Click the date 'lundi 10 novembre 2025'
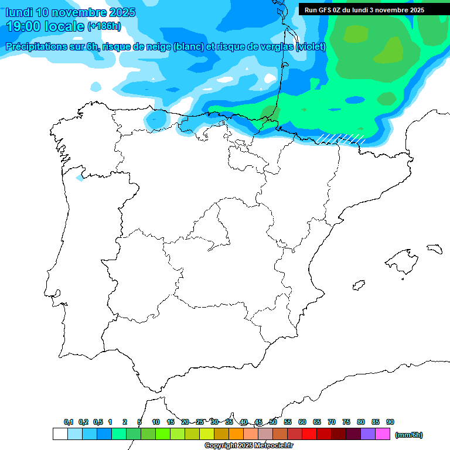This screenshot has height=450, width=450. (x=70, y=12)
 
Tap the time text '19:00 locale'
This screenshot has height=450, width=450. (x=45, y=26)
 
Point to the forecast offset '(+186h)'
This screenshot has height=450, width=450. (x=104, y=26)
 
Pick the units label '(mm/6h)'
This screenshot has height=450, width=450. (x=408, y=435)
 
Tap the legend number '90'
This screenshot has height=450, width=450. (x=390, y=422)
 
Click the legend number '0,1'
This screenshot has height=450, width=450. (x=69, y=422)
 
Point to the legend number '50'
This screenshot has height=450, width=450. (x=273, y=422)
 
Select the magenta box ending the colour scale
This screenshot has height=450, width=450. (x=383, y=434)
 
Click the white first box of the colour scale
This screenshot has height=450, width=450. (x=60, y=434)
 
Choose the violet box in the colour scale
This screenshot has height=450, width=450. (x=368, y=434)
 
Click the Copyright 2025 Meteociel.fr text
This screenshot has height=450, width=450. (x=248, y=446)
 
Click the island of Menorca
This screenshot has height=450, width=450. (x=434, y=249)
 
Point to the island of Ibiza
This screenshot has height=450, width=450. (x=358, y=286)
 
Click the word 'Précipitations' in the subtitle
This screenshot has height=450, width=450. (x=36, y=47)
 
